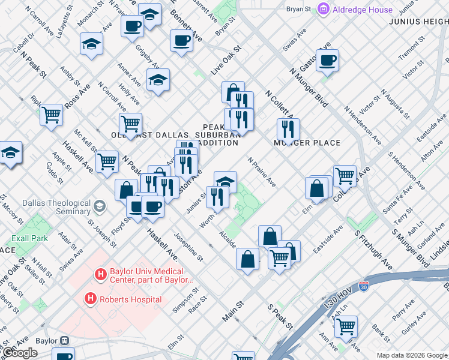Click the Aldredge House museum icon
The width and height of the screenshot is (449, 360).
point(324,9)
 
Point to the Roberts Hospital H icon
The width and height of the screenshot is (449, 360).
point(91,299)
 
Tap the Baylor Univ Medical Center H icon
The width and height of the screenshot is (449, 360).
point(101,275)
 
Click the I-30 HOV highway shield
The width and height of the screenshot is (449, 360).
point(363,287)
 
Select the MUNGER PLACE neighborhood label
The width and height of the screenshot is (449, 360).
point(307,143)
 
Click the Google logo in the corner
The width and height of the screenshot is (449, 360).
point(20,353)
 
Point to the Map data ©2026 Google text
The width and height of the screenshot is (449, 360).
point(412,356)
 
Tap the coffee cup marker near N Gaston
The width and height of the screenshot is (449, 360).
point(327,60)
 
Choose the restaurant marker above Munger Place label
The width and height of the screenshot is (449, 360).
point(288,128)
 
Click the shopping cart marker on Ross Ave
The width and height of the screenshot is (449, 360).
point(52,113)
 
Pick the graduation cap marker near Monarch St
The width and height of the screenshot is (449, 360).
point(91,44)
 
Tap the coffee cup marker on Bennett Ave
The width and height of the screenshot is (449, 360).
point(181,41)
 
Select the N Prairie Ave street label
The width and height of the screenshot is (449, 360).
point(262,172)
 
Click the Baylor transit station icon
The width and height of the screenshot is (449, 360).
point(64,341)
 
